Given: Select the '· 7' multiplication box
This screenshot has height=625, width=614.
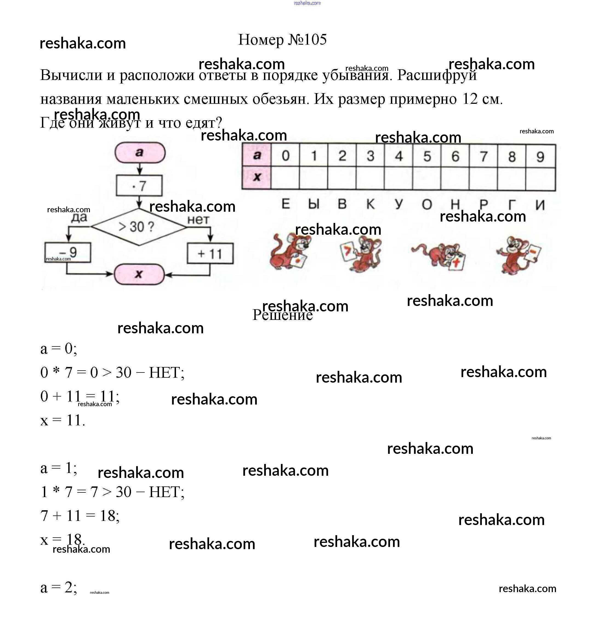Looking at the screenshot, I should click(139, 186).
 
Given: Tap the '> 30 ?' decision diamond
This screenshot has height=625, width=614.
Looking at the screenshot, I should click(139, 227).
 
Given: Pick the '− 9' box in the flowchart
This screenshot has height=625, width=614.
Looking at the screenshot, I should click(68, 252).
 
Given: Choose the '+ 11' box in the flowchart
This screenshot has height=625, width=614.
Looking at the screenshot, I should click(210, 254).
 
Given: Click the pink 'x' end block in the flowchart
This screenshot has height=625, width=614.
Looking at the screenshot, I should click(139, 274).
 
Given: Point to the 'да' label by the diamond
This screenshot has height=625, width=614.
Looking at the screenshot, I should click(79, 217).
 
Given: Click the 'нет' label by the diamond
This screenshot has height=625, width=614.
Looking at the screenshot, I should click(198, 220).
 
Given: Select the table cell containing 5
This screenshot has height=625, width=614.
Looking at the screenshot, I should click(427, 156).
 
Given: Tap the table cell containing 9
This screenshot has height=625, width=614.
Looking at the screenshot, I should click(540, 157).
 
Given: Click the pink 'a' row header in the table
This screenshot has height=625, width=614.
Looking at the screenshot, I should click(257, 155).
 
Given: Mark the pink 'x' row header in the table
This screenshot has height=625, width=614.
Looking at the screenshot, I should click(257, 177).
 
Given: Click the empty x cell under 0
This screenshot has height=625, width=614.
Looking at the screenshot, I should click(285, 178).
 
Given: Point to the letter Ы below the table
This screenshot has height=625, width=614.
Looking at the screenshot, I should click(314, 204).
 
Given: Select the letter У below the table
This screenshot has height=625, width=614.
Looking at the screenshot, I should click(399, 204).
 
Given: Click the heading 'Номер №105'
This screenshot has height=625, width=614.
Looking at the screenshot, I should click(282, 40).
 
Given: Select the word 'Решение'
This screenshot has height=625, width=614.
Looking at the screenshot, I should click(282, 315).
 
